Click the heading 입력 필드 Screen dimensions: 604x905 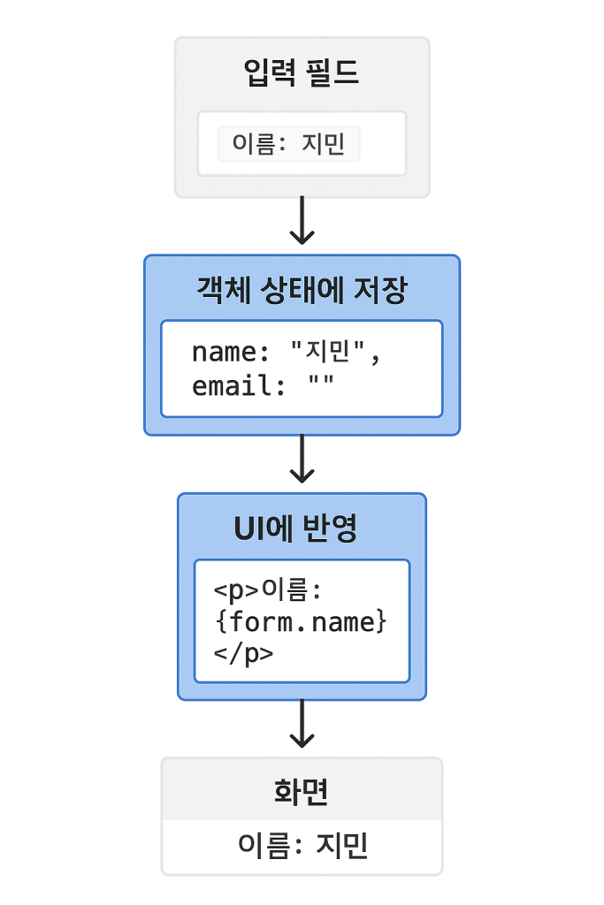coord(302,72)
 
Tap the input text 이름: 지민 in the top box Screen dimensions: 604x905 coord(288,144)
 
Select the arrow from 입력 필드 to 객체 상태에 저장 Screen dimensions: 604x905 coord(302,220)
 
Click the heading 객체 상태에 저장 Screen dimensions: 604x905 coord(302,290)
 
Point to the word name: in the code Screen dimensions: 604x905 coord(231,352)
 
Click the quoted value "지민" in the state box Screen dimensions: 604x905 coord(327,350)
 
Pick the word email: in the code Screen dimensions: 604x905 coord(239,385)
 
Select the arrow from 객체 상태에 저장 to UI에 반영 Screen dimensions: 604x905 coord(302,459)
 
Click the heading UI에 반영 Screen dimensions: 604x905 coord(295,529)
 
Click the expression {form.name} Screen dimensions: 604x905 coord(301,622)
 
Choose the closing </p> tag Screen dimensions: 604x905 coord(243,654)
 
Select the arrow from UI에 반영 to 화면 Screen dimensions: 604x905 coord(302,724)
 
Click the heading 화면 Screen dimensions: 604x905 coord(301,791)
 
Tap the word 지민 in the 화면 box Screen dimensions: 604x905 coord(341,846)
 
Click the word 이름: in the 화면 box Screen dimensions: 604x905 coord(271,846)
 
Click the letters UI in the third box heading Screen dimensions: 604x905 coord(246,529)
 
